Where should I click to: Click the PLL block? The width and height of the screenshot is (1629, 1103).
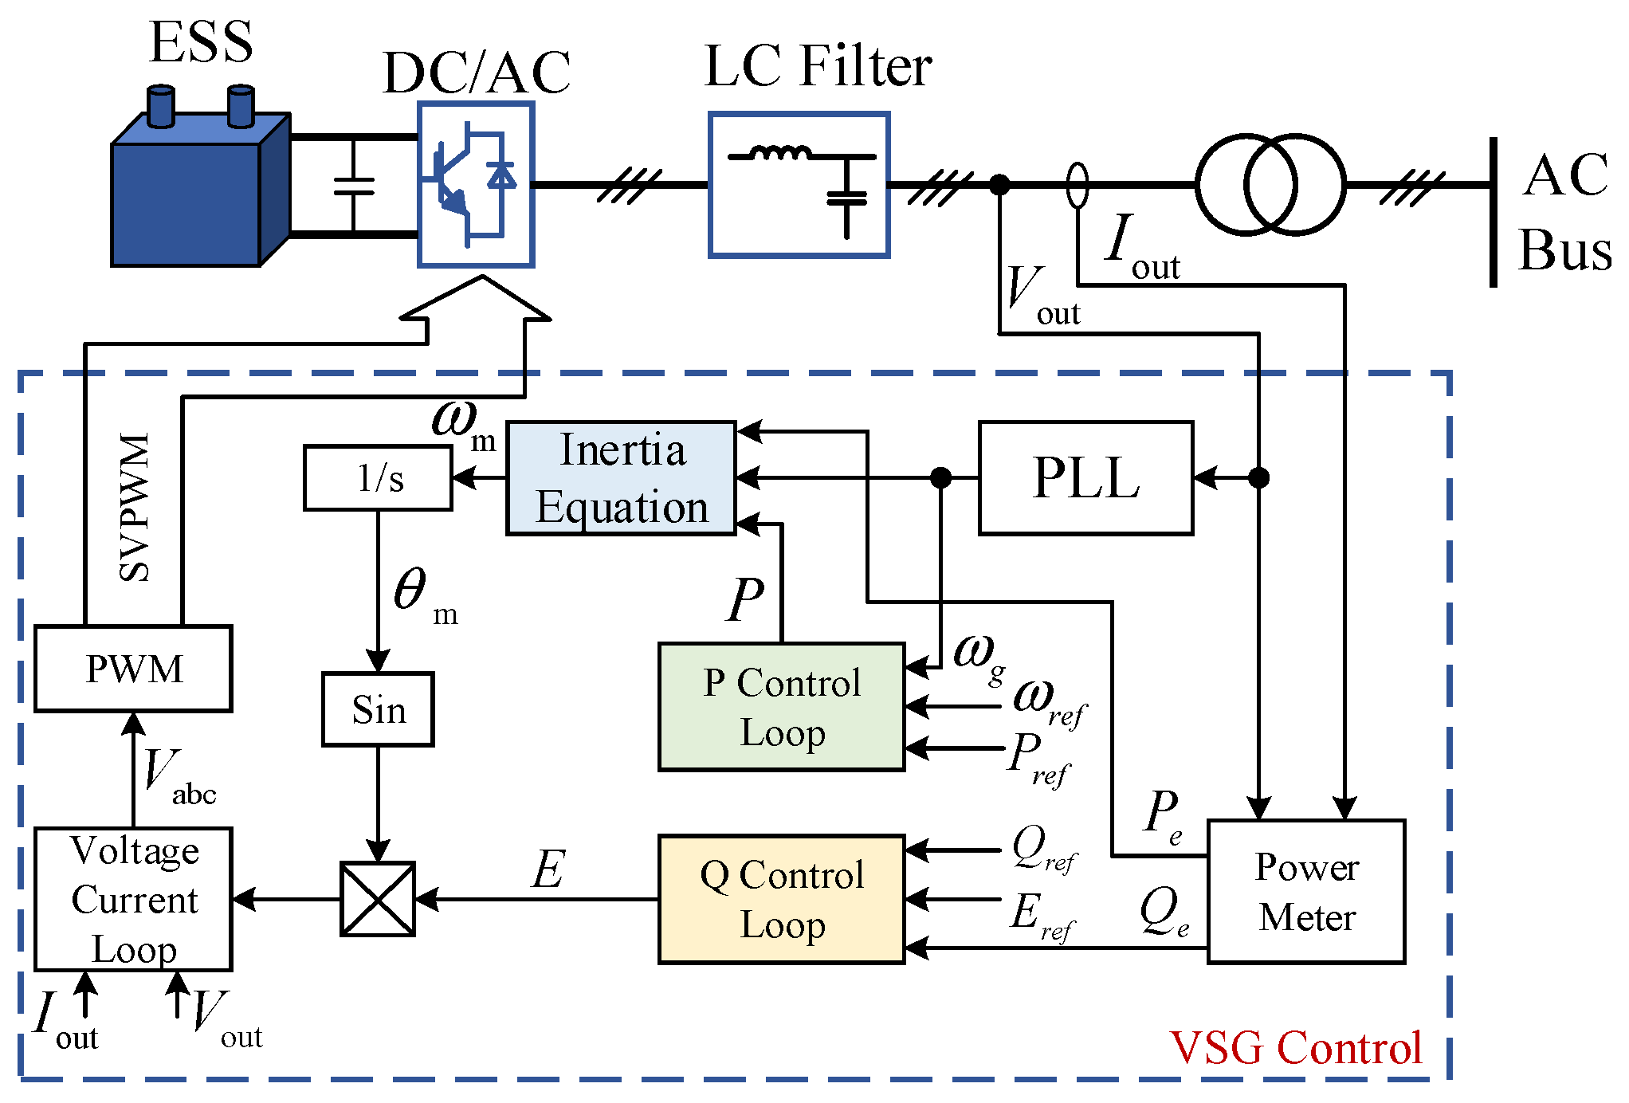pos(1085,478)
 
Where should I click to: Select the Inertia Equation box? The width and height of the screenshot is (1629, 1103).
pos(621,478)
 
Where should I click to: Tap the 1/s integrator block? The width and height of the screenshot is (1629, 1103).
pos(378,478)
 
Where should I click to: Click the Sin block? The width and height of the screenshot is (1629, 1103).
pos(378,709)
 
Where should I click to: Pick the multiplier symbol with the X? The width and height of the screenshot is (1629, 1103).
pos(378,899)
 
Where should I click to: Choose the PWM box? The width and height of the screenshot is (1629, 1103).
pos(133,668)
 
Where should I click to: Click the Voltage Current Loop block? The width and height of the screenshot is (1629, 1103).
pos(133,899)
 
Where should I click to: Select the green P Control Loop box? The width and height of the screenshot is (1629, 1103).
pos(781,707)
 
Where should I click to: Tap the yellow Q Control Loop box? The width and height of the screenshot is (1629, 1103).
pos(781,899)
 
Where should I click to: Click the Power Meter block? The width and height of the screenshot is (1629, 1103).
pos(1306,891)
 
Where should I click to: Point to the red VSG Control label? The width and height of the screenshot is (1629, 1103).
pos(1295,1047)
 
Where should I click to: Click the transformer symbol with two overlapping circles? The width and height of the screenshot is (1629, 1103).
pos(1270,185)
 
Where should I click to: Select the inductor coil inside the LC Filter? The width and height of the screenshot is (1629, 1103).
pos(781,153)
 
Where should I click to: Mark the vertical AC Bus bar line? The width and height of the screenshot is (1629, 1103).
pos(1494,212)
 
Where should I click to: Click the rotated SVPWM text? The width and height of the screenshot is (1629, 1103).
pos(134,508)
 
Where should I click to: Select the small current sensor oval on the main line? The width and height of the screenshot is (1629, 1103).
pos(1077,185)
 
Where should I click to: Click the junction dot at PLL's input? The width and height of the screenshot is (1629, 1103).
pos(1258,478)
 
